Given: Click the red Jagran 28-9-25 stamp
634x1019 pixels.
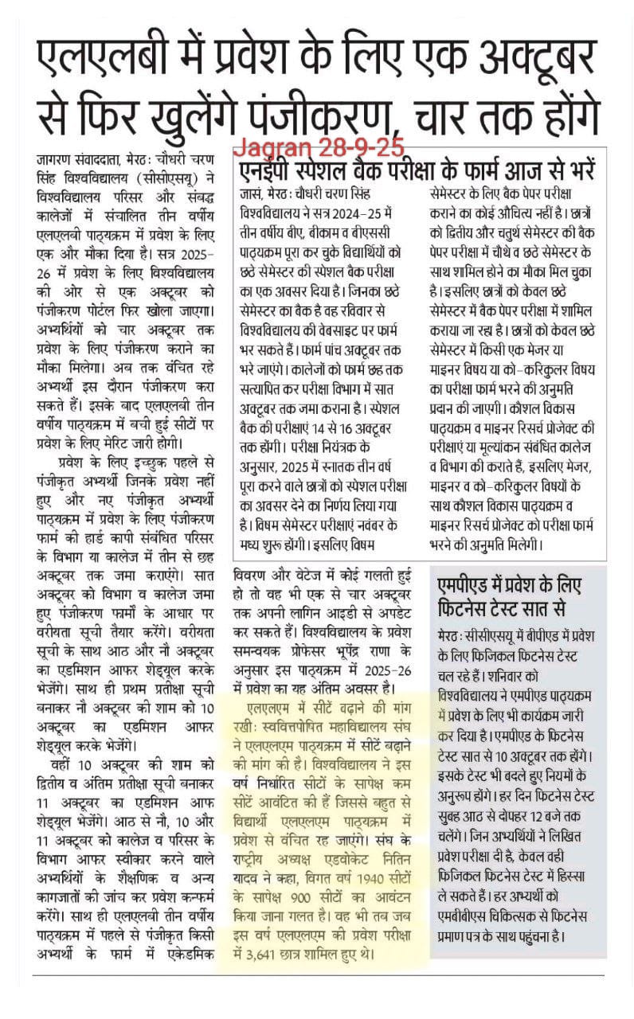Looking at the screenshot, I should [x=319, y=147].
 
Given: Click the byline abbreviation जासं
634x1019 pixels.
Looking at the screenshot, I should [x=251, y=193].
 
